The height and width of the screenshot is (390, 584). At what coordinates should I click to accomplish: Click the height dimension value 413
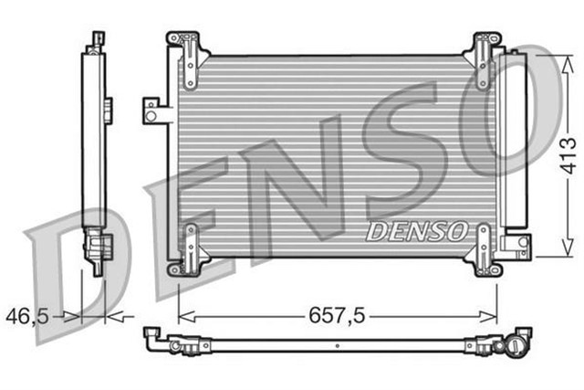pos(567,156)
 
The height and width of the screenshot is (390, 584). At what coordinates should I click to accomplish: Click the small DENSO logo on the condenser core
pos(417,231)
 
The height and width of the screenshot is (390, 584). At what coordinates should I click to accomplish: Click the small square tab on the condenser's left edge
pos(151,110)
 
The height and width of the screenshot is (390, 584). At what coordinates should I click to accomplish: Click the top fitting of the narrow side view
pos(96,40)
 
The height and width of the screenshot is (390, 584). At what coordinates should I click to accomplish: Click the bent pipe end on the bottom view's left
pos(157,339)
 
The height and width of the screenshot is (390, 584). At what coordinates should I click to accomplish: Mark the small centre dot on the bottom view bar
pos(337,346)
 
